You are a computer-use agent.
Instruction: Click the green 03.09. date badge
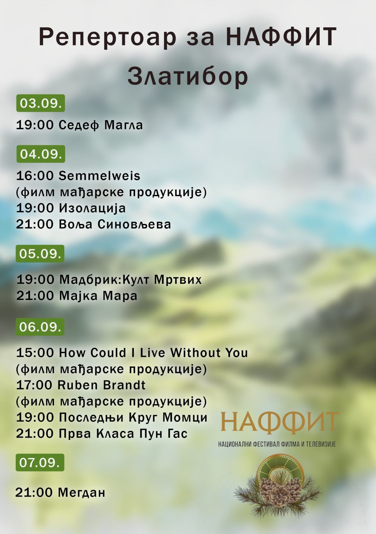[40, 103]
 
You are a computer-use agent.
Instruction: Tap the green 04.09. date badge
[41, 154]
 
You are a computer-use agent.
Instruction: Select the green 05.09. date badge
[40, 254]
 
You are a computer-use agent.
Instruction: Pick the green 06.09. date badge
[40, 327]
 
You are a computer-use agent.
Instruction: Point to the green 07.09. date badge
[40, 463]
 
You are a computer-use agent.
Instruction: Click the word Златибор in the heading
[188, 77]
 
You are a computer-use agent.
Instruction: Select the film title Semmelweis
[100, 176]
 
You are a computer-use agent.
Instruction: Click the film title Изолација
[92, 208]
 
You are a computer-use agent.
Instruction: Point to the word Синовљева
[134, 225]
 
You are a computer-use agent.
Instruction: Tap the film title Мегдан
[82, 493]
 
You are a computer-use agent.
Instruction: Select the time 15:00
[35, 353]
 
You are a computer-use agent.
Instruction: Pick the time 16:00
[35, 176]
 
